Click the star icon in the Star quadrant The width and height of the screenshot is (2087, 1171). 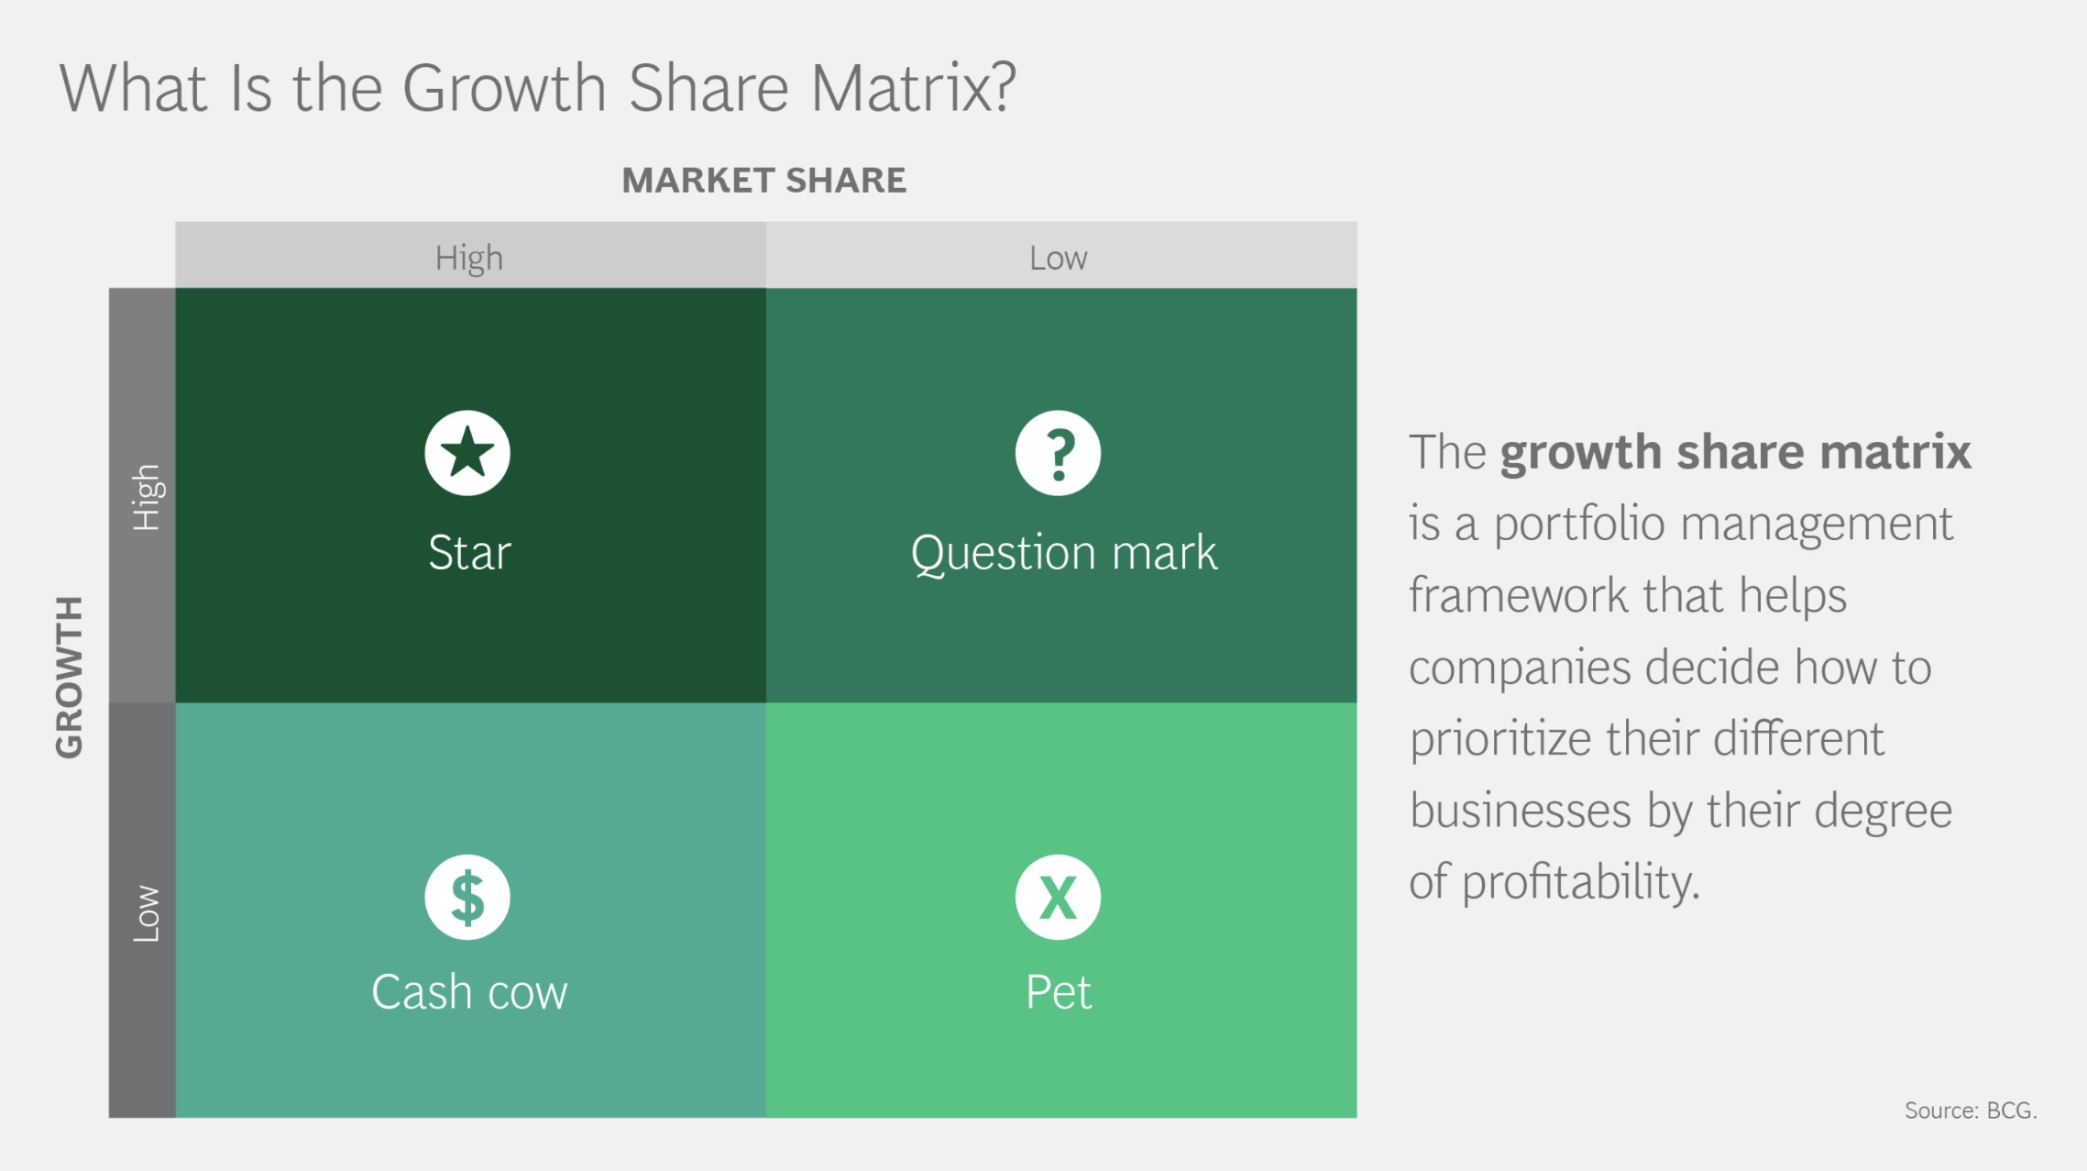point(467,453)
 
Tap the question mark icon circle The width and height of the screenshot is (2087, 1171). point(1058,453)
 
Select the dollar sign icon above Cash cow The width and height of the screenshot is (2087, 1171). point(467,897)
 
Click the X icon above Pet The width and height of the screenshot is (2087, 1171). point(1058,897)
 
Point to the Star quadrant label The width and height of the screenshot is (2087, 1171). point(469,553)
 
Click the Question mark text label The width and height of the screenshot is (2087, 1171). point(1063,553)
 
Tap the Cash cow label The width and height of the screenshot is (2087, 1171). point(469,992)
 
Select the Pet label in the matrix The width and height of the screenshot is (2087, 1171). point(1059,992)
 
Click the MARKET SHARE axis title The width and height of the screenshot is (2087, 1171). point(763,181)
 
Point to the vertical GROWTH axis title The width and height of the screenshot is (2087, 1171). point(70,677)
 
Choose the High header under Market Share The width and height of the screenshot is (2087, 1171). point(468,259)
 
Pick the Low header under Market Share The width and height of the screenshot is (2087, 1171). point(1058,259)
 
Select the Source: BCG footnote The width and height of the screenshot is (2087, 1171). point(1971,1110)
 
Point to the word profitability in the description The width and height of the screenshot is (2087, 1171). point(1580,882)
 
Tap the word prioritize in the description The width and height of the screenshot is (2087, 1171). point(1499,739)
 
